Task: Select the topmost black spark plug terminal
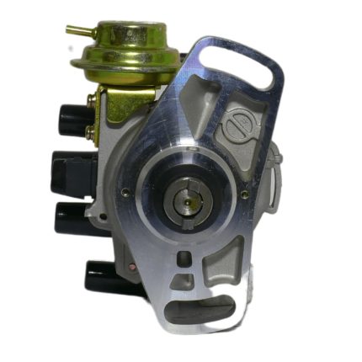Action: coord(74,117)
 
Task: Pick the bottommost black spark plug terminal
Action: coord(104,274)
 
